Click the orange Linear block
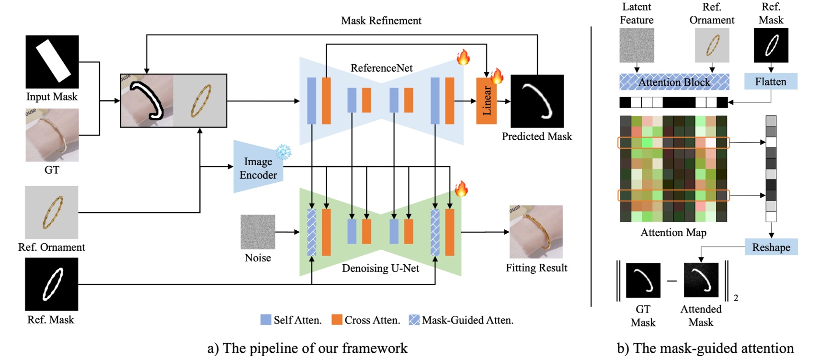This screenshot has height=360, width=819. (486, 101)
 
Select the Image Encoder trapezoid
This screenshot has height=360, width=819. (258, 168)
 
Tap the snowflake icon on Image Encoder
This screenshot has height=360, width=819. (284, 152)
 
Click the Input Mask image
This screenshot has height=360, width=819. (52, 61)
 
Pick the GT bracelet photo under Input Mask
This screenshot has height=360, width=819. (52, 135)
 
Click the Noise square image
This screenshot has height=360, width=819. (258, 232)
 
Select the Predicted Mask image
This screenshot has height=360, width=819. (537, 101)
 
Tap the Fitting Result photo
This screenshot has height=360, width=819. (536, 232)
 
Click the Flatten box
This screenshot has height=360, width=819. (771, 81)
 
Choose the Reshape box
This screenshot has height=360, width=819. (771, 247)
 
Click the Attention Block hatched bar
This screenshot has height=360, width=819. (674, 82)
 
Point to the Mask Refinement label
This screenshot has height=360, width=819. (381, 21)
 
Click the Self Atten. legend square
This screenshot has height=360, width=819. (266, 320)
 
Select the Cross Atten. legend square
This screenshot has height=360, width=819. (337, 320)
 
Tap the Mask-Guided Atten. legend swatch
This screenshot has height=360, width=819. (414, 320)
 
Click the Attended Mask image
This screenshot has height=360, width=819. (701, 280)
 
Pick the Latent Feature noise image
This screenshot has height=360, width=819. (637, 45)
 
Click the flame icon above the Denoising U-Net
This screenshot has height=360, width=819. (461, 189)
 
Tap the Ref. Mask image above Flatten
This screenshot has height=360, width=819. (771, 45)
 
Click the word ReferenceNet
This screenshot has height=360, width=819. (381, 68)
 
